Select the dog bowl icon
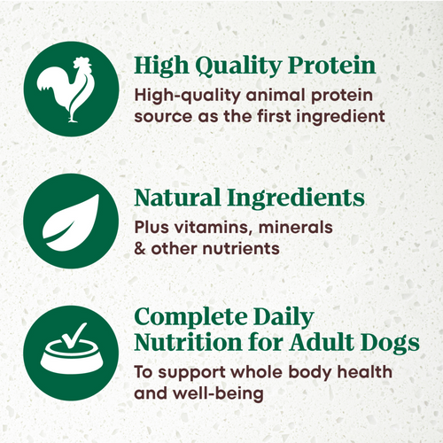[x=66, y=354]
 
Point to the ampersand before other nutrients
[x=140, y=248]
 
